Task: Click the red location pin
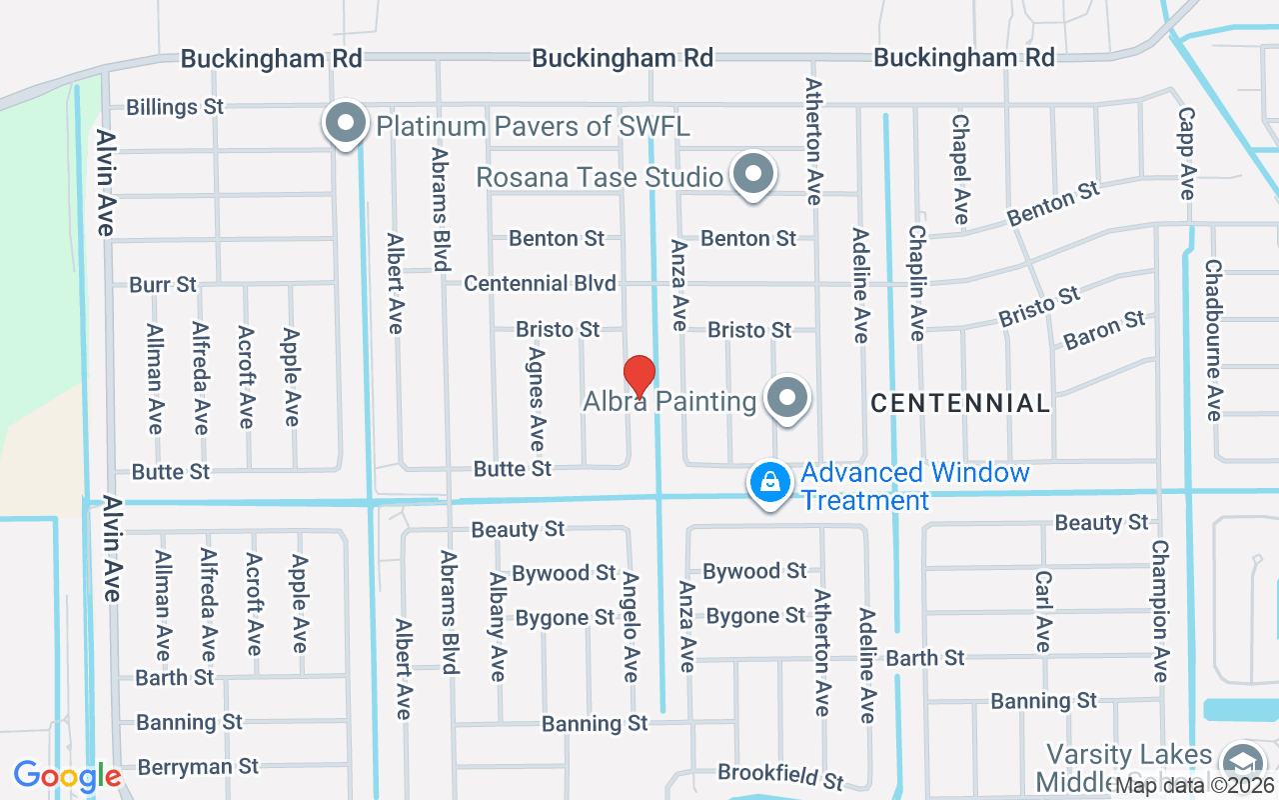(x=639, y=376)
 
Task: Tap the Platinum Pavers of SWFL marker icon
(x=347, y=125)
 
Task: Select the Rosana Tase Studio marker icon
(x=753, y=175)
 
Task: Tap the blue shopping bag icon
(x=770, y=483)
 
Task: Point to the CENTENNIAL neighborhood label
(x=959, y=403)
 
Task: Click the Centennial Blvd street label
(x=540, y=284)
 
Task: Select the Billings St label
(x=175, y=107)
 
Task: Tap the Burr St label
(x=163, y=285)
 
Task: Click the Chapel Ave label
(x=960, y=169)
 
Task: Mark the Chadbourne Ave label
(x=1213, y=340)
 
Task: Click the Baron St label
(x=1104, y=330)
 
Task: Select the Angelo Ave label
(x=631, y=627)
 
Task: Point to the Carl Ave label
(x=1043, y=611)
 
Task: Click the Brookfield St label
(x=780, y=775)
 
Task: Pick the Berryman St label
(x=198, y=767)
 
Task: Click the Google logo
(x=67, y=776)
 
